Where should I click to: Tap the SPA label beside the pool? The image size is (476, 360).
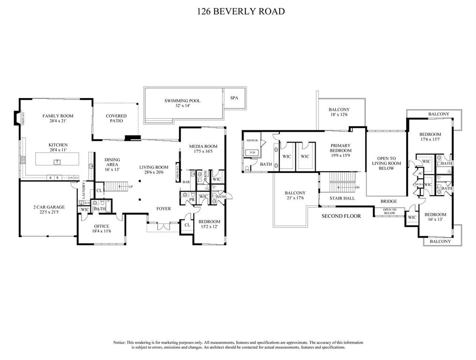tap(234, 98)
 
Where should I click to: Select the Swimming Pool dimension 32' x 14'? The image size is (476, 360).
tap(182, 106)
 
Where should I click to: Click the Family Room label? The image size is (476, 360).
tap(58, 116)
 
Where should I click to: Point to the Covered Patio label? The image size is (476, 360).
tap(116, 116)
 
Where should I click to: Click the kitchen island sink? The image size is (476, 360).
tap(57, 162)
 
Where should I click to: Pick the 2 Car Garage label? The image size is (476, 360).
tap(49, 207)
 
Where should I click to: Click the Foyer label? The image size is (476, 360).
tap(164, 209)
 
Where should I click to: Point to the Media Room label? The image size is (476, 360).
tap(203, 146)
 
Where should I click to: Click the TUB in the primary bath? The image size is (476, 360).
tap(252, 153)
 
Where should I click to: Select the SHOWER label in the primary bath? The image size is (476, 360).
tap(252, 140)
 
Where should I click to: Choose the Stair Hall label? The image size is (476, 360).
tap(342, 198)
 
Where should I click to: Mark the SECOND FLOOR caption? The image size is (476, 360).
tap(341, 216)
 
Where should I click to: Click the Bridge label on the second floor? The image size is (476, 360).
tap(389, 201)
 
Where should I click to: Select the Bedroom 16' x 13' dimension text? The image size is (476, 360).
tap(436, 219)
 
